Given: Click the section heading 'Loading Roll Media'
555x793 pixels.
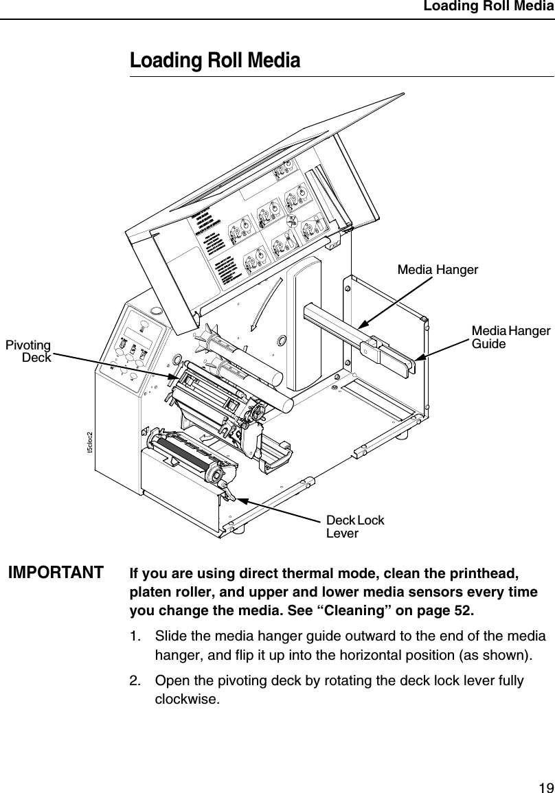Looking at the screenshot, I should pos(215,61).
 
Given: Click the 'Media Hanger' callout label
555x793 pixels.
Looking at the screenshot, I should pos(438,270).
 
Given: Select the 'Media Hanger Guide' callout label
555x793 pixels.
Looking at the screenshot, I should pos(510,337).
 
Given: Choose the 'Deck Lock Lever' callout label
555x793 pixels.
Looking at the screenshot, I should pos(354,526).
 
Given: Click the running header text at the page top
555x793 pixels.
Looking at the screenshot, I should pos(487,7).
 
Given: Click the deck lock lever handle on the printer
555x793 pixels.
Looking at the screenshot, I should pos(227,492).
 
